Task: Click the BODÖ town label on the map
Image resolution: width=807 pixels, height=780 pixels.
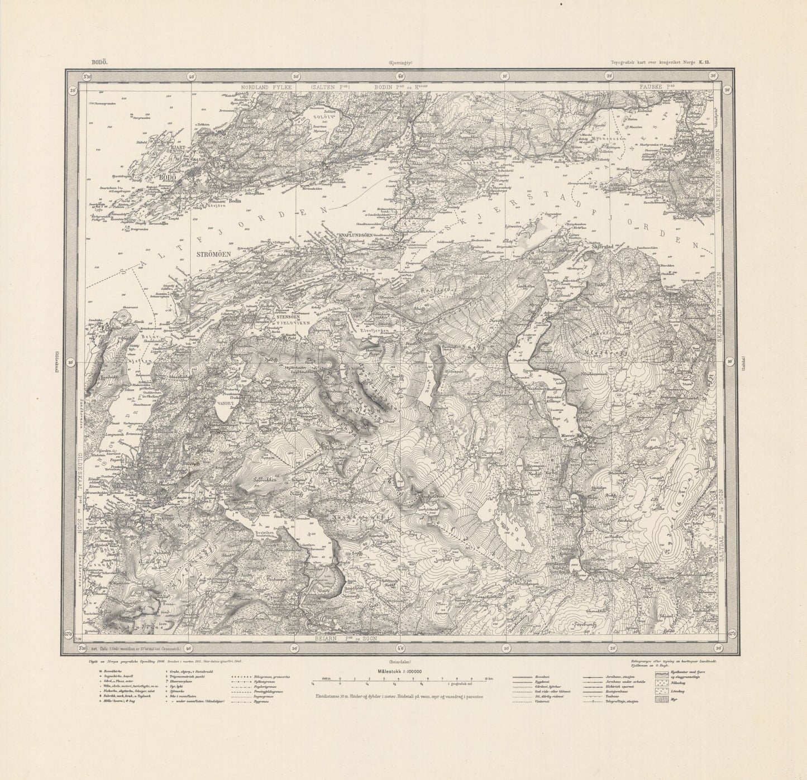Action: coord(168,178)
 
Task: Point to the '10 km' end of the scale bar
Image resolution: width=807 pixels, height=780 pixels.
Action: coord(489,679)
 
